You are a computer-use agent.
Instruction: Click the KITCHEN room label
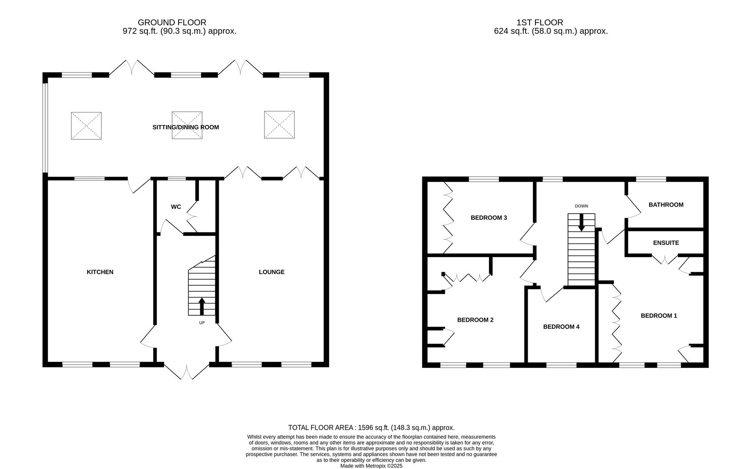coord(100,272)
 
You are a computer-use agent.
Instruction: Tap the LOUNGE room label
coord(271,272)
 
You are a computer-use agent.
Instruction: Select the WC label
coord(176,207)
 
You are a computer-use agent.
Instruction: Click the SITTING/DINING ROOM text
coord(186,127)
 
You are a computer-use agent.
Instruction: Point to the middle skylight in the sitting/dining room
coord(187,126)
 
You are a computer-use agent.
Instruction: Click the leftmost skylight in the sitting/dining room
coord(86,126)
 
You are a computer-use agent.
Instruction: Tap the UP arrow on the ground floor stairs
coord(202,306)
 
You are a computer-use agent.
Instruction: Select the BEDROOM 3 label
coord(489,218)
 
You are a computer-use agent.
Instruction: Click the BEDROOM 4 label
coord(561,327)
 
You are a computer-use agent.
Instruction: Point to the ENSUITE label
coord(666,243)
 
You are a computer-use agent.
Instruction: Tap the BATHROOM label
coord(666,205)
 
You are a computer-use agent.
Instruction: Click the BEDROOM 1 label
coord(659,316)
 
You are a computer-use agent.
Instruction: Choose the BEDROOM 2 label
coord(475,320)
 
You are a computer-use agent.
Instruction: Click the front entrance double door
coord(187,371)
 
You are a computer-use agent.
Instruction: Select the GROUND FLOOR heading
coord(172,22)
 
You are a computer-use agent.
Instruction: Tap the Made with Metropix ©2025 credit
coord(371,466)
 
